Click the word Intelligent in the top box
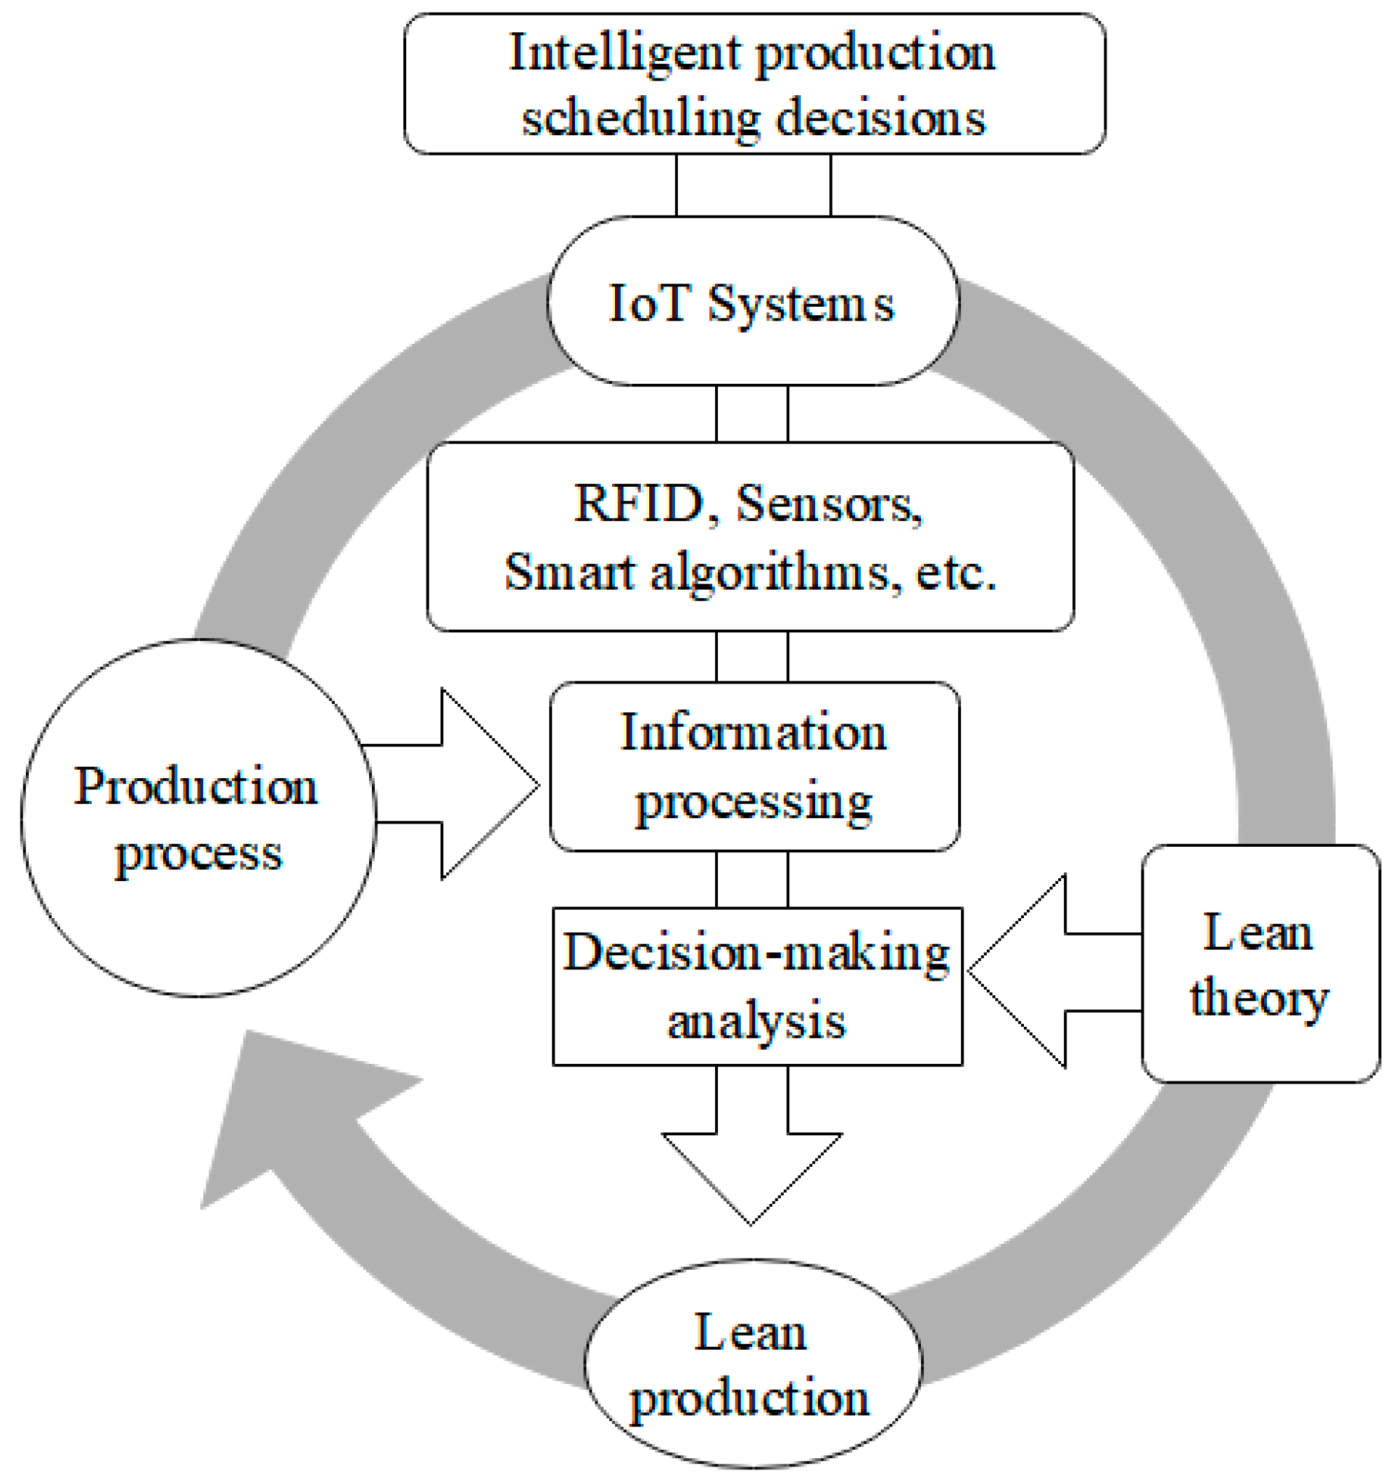click(625, 55)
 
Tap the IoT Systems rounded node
click(753, 302)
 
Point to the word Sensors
click(827, 504)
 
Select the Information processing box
click(754, 766)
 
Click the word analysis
click(756, 1021)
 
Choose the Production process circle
click(197, 818)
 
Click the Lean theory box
click(1260, 963)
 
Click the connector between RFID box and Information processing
click(752, 657)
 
